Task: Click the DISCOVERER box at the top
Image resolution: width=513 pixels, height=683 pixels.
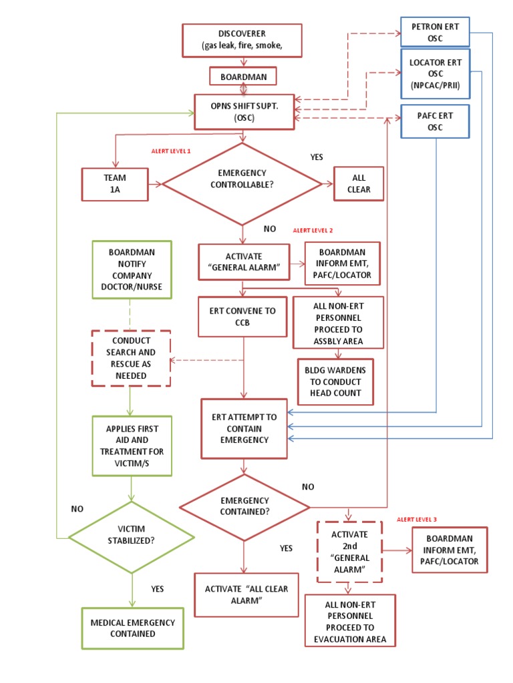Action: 243,40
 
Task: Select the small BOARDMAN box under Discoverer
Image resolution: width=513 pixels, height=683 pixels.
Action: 243,77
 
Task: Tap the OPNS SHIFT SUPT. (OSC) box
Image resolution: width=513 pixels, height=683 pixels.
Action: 243,111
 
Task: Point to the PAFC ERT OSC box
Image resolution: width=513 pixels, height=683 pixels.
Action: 434,121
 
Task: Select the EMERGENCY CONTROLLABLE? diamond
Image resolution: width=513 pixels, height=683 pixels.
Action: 242,183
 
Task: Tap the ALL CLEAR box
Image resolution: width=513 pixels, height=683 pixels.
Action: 359,183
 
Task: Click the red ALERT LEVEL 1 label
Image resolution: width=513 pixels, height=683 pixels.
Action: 171,151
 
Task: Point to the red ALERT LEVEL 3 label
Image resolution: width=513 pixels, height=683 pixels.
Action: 417,519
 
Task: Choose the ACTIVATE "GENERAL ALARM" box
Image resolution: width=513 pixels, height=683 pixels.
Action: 244,261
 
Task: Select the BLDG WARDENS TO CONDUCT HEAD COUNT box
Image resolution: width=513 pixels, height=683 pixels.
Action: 335,382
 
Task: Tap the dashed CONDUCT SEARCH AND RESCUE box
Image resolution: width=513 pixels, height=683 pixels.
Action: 132,358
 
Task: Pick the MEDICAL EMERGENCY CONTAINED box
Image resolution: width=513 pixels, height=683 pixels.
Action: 132,628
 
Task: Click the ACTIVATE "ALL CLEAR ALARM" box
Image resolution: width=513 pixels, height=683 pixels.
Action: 246,594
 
